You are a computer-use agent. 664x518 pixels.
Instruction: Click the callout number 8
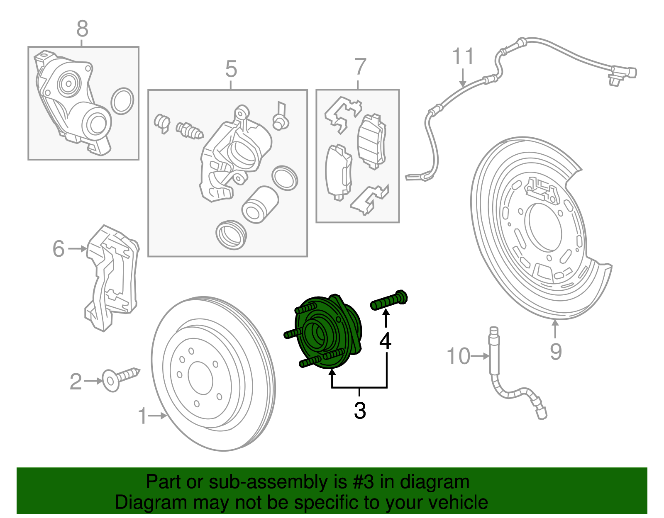[x=82, y=29]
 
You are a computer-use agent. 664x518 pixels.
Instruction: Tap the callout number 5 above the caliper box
[x=231, y=69]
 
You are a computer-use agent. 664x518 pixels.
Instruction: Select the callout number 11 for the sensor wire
[x=462, y=56]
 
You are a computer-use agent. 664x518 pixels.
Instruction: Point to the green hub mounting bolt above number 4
[x=389, y=301]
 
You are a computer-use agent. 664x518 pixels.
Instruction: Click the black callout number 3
[x=360, y=411]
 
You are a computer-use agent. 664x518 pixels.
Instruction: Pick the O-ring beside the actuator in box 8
[x=122, y=101]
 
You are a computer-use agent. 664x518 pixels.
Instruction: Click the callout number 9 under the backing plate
[x=556, y=352]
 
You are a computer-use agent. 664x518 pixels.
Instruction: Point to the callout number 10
[x=458, y=356]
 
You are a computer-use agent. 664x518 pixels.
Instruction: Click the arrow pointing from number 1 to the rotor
[x=158, y=415]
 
